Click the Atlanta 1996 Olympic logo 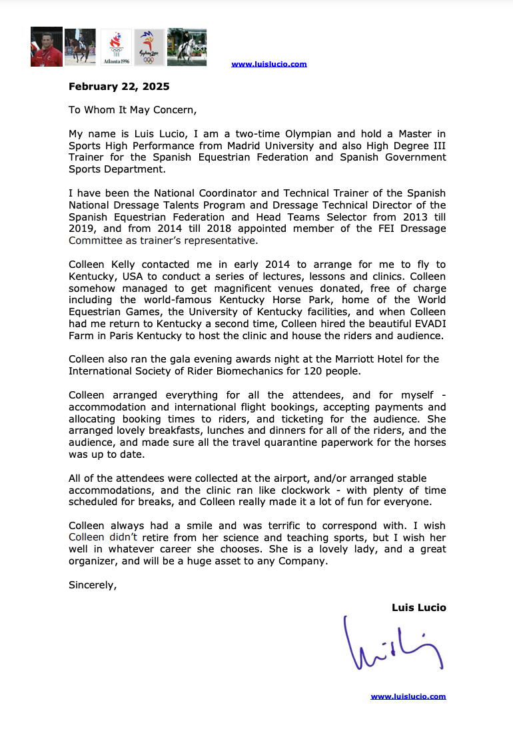coord(116,47)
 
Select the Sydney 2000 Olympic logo coord(149,47)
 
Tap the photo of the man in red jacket coord(47,47)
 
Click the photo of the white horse coord(187,47)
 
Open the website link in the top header coord(269,65)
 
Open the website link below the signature coord(408,696)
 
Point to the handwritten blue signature coord(392,644)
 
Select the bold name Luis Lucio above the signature coord(419,608)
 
